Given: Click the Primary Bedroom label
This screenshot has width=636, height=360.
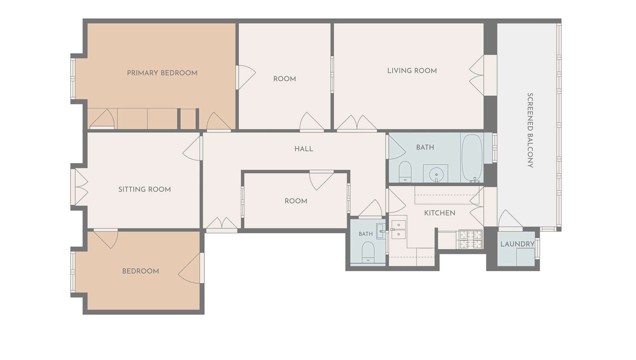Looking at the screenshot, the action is (x=162, y=73).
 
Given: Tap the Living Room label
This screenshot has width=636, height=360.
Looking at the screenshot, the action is (x=412, y=71).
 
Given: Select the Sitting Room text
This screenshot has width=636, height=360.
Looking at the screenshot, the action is (x=144, y=189).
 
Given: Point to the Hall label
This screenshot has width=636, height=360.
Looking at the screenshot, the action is (x=304, y=149).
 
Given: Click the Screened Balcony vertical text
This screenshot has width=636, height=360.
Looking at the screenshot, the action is (x=530, y=130).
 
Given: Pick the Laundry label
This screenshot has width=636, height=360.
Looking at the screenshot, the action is (x=517, y=244).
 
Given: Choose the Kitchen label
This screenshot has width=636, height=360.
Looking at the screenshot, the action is (x=440, y=213).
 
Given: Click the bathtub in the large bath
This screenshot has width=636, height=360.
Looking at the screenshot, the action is (x=472, y=158).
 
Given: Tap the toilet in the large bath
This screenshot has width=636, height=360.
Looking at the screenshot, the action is (x=405, y=172).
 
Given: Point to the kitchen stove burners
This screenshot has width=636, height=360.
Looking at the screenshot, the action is (x=470, y=239).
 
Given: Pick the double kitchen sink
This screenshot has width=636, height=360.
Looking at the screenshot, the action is (x=398, y=230).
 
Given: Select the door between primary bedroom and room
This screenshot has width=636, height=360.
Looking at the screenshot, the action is (x=246, y=77).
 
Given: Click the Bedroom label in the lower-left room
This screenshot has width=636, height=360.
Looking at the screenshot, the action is (x=140, y=271).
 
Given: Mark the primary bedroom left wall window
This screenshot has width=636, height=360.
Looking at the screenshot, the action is (x=73, y=79).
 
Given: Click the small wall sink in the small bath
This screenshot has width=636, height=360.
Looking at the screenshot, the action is (x=381, y=231).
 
